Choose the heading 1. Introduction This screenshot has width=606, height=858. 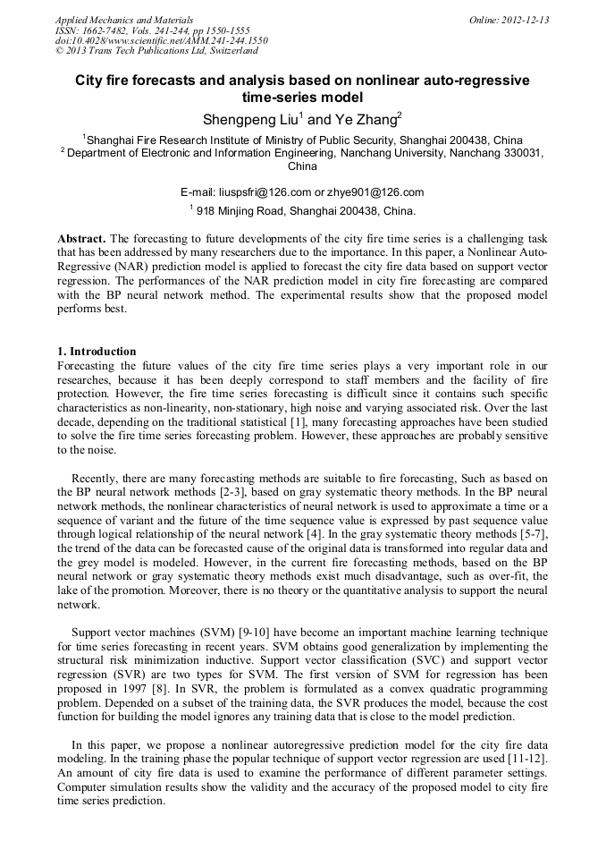pos(97,352)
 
